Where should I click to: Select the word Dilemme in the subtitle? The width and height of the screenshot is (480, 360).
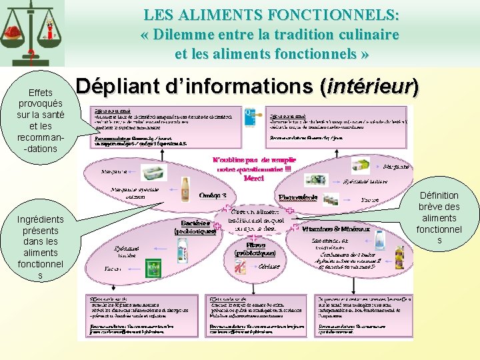[x=181, y=34]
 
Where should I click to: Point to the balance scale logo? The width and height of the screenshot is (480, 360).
[x=32, y=30]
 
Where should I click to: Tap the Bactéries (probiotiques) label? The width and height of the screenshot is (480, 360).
[x=195, y=227]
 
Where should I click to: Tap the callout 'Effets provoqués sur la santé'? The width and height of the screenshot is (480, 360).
[x=40, y=121]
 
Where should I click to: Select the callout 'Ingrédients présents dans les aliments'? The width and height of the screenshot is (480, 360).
[x=41, y=247]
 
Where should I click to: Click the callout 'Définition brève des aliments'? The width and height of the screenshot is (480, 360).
[x=439, y=217]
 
